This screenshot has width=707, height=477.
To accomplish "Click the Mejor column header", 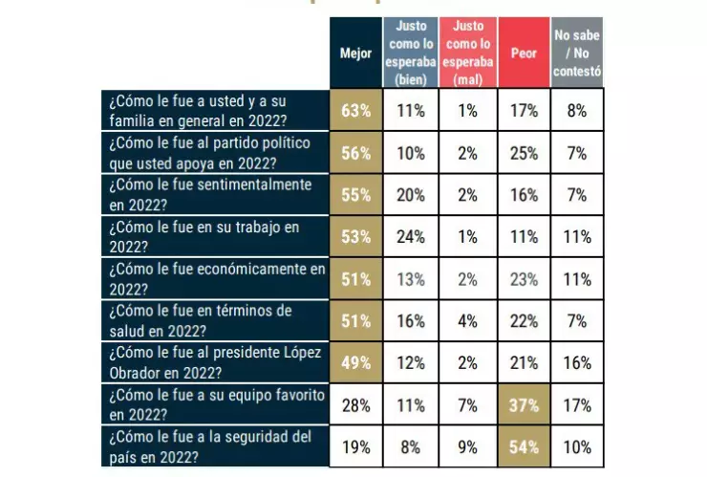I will click(x=355, y=54).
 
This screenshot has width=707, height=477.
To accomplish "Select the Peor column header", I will click(x=524, y=54).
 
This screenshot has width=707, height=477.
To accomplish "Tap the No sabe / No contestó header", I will click(x=577, y=54).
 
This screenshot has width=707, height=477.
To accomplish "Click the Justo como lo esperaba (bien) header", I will click(x=411, y=54).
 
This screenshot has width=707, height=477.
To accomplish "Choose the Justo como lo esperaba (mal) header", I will click(x=468, y=54).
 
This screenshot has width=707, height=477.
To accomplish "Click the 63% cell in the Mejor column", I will click(x=355, y=110).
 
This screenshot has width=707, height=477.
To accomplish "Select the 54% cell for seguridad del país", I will click(x=524, y=446).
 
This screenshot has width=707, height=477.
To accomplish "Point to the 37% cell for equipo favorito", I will click(x=524, y=404).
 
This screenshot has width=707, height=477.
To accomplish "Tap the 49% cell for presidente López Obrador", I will click(x=355, y=362).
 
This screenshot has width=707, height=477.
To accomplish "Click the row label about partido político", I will click(x=214, y=152).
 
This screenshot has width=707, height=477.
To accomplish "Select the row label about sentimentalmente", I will click(x=214, y=194).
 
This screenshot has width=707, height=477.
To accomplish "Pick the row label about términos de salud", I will click(x=214, y=320).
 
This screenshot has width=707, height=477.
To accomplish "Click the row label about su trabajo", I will click(x=214, y=236).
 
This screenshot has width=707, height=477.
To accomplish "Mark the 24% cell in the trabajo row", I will click(x=411, y=236).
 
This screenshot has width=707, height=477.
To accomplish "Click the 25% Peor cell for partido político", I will click(x=524, y=152).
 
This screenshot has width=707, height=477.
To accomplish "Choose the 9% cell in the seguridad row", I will click(x=468, y=446).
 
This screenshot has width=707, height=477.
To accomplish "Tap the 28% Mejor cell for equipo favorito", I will click(x=355, y=404).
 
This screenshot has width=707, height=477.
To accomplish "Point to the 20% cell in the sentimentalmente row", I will click(x=411, y=194).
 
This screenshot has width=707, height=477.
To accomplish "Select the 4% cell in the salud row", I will click(x=468, y=320).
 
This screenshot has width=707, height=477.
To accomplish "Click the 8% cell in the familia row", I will click(x=577, y=110).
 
